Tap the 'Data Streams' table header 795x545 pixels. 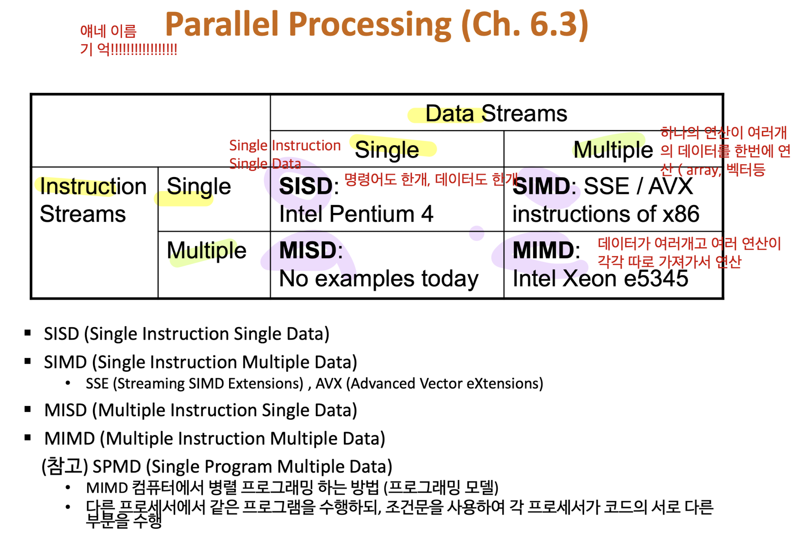click(496, 113)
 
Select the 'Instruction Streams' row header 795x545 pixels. click(93, 200)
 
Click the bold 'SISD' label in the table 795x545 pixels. click(306, 186)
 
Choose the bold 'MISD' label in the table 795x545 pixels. click(308, 250)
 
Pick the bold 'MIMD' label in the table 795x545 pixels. click(543, 250)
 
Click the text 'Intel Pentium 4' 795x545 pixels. click(356, 214)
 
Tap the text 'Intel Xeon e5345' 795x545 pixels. click(600, 278)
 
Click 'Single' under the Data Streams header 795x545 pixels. click(387, 150)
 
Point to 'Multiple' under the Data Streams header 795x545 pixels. click(613, 150)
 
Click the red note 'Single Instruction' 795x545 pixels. click(285, 145)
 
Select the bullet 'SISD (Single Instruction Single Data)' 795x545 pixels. click(186, 334)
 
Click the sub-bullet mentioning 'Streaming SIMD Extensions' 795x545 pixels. click(314, 383)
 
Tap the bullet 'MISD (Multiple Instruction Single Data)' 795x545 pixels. click(201, 410)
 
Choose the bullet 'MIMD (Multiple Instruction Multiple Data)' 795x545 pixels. click(214, 439)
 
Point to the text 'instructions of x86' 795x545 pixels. click(606, 214)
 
